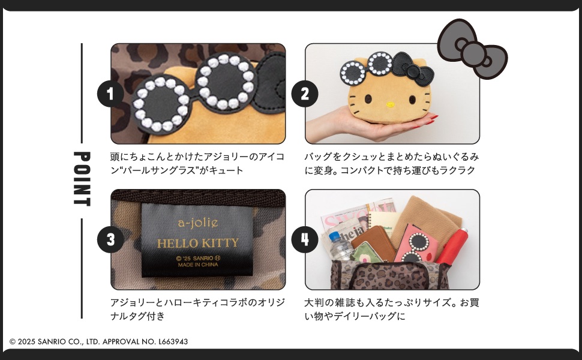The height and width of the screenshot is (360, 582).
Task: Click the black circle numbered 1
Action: [x=110, y=94]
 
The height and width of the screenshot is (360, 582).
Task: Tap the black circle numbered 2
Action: [x=305, y=94]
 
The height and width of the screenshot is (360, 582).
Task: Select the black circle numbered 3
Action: [x=110, y=240]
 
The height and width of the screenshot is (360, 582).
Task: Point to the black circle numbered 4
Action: [x=305, y=240]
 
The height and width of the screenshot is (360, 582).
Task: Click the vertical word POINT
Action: [x=82, y=178]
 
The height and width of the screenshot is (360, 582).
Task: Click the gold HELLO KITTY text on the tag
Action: [x=197, y=244]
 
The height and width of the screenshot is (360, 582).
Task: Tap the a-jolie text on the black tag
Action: [x=198, y=223]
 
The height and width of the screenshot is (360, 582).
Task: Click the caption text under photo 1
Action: [x=197, y=163]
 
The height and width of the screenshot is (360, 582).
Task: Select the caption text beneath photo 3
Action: [x=197, y=309]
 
